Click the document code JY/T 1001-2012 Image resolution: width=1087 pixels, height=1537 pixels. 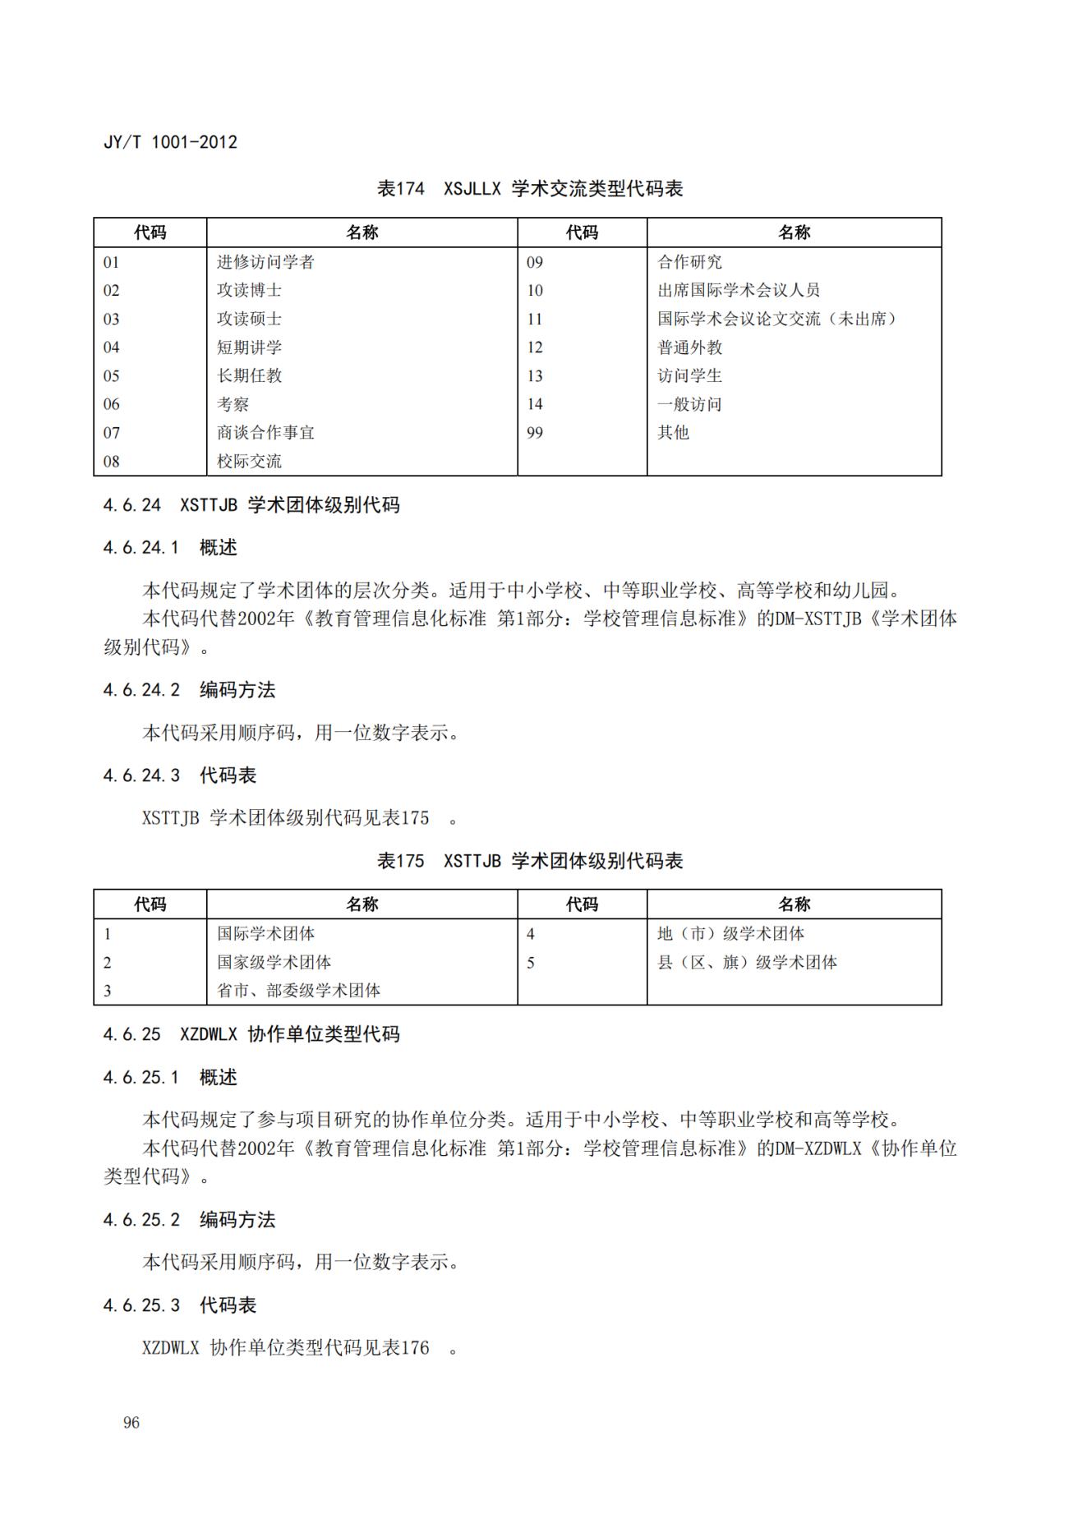click(x=170, y=142)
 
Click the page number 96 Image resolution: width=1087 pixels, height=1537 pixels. click(x=131, y=1423)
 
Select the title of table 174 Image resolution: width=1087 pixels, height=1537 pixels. click(x=530, y=189)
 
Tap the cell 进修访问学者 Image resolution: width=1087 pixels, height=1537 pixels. click(x=265, y=262)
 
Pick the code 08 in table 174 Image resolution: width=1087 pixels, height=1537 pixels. click(x=112, y=462)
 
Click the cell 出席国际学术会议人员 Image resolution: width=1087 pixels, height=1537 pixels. click(x=738, y=290)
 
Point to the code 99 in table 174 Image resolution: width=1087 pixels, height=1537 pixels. click(x=535, y=433)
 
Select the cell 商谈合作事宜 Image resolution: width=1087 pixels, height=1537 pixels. click(x=265, y=433)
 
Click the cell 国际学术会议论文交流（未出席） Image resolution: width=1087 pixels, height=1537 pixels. click(x=776, y=319)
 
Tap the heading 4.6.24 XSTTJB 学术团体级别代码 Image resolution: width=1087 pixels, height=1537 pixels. click(x=251, y=505)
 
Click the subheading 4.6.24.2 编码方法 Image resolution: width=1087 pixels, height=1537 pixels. click(x=189, y=690)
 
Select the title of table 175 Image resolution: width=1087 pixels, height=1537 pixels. click(x=530, y=861)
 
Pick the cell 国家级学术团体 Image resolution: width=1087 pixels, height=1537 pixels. click(x=274, y=962)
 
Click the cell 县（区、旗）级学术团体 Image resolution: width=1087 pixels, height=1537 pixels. click(x=747, y=962)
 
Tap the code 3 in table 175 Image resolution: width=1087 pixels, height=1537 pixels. click(x=108, y=991)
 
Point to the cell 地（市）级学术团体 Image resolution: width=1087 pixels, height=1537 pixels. click(x=730, y=934)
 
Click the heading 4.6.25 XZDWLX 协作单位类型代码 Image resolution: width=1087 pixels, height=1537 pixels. click(x=251, y=1034)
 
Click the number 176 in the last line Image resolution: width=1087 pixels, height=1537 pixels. click(x=415, y=1347)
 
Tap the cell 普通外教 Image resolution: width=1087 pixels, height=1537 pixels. click(x=689, y=347)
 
